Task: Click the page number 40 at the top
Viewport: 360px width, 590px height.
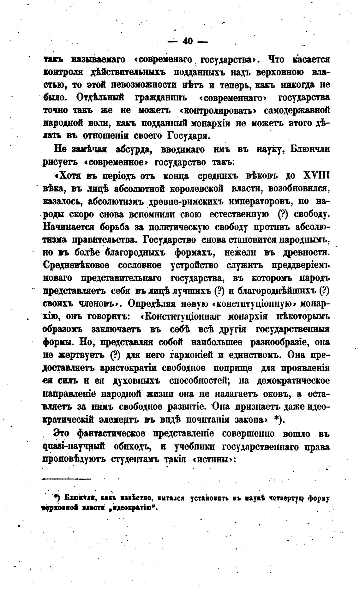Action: [x=188, y=41]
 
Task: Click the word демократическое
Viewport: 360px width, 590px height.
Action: [x=294, y=381]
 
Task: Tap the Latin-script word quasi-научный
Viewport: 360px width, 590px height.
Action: [x=74, y=447]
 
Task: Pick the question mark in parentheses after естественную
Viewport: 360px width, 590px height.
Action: [x=283, y=214]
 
